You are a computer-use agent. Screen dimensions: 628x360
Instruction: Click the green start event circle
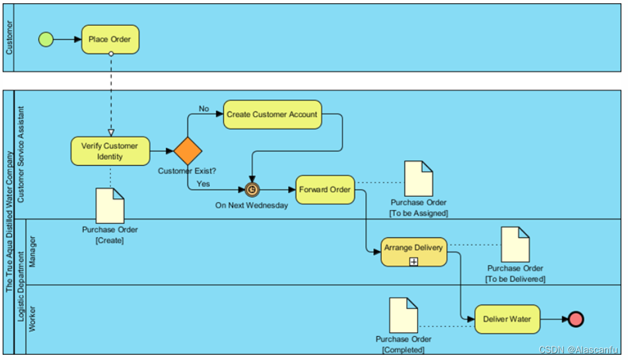pos(46,39)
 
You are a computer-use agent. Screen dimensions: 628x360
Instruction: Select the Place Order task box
pos(110,39)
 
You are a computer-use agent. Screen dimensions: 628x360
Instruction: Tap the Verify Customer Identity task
pos(110,151)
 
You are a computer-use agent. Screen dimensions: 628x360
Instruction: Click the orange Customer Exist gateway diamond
pos(188,151)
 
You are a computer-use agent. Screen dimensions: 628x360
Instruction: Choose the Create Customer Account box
pos(272,114)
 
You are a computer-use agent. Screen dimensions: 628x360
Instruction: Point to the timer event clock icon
pos(252,190)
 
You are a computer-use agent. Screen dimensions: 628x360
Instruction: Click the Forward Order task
pos(325,190)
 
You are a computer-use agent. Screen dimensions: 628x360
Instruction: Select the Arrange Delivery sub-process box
pos(414,252)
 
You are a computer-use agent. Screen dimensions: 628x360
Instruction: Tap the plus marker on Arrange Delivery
pos(414,262)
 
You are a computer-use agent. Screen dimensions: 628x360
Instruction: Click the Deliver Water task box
pos(507,319)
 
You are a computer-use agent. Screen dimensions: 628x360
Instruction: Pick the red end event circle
pos(576,319)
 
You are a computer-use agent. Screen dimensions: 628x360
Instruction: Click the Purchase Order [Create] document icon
pos(110,206)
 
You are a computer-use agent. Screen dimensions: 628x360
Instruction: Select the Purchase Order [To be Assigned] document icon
pos(419,178)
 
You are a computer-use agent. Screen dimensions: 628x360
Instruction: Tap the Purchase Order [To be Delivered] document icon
pos(515,244)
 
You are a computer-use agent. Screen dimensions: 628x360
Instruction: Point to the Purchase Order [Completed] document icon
pos(403,315)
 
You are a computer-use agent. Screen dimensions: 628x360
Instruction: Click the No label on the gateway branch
pos(204,108)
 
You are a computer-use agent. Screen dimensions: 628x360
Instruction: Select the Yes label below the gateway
pos(203,184)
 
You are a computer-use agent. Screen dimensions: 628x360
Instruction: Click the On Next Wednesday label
pos(252,205)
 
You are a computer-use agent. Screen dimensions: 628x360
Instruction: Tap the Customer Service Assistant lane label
pos(21,154)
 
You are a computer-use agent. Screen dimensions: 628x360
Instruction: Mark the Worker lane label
pos(32,319)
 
